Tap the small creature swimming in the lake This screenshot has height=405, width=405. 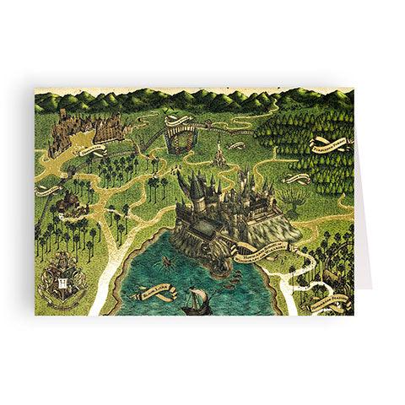pos(164,262)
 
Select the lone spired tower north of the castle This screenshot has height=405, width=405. pos(219,154)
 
